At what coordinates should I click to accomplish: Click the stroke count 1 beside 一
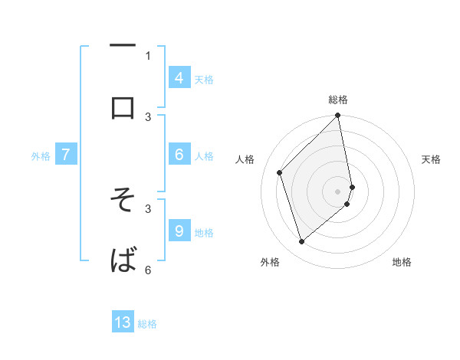(148, 55)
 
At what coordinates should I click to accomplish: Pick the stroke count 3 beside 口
(148, 116)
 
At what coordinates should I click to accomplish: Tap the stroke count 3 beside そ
(148, 208)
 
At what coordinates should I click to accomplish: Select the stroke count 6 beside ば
(148, 269)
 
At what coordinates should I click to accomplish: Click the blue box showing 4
(179, 77)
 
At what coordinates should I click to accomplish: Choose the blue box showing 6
(179, 154)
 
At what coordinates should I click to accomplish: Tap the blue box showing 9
(179, 231)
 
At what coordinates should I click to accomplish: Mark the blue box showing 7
(66, 155)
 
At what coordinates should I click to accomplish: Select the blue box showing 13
(123, 322)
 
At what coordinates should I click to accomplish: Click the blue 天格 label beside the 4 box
(204, 79)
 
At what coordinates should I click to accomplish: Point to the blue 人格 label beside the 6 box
(204, 155)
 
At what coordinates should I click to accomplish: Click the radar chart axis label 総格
(338, 100)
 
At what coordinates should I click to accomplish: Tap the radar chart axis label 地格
(402, 262)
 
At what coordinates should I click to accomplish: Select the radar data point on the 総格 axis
(338, 116)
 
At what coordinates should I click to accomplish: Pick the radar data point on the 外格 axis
(301, 242)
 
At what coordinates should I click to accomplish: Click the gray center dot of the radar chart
(338, 191)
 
